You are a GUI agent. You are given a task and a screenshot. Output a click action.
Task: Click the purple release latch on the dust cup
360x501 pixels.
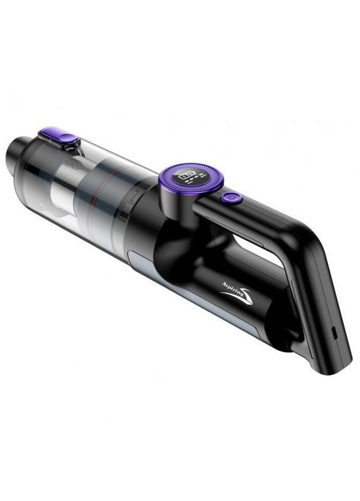[65, 137]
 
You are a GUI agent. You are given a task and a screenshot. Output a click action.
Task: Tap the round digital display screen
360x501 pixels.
[191, 178]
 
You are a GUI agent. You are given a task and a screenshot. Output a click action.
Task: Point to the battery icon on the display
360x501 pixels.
[186, 177]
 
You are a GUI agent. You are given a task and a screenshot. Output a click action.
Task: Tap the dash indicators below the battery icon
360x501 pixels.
[197, 183]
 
